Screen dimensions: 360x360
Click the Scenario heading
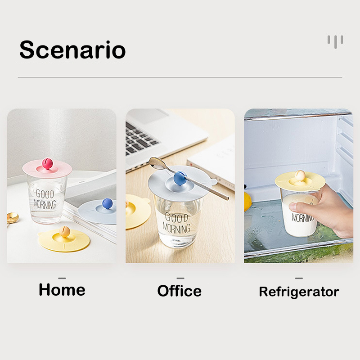tap(72, 49)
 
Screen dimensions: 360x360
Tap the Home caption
tap(62, 289)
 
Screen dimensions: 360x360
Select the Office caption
tap(179, 291)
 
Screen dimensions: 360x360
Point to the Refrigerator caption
tap(299, 292)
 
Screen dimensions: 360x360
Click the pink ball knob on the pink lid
tap(47, 163)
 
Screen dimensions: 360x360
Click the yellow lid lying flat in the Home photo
tap(64, 239)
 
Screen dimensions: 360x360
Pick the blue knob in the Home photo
tap(108, 203)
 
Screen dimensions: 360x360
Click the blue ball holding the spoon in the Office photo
tap(180, 178)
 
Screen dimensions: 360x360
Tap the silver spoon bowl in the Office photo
tap(157, 163)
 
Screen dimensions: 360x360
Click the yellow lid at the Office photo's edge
tap(137, 211)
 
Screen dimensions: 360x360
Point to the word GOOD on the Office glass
tap(176, 217)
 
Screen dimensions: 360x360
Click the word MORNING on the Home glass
tap(45, 204)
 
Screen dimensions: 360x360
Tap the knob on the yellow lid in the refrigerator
tap(300, 175)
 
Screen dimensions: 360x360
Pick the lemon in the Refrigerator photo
tap(247, 202)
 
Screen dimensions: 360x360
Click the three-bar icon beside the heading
tap(335, 41)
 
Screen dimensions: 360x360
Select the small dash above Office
tap(180, 278)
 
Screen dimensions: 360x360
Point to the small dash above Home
tap(62, 278)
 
